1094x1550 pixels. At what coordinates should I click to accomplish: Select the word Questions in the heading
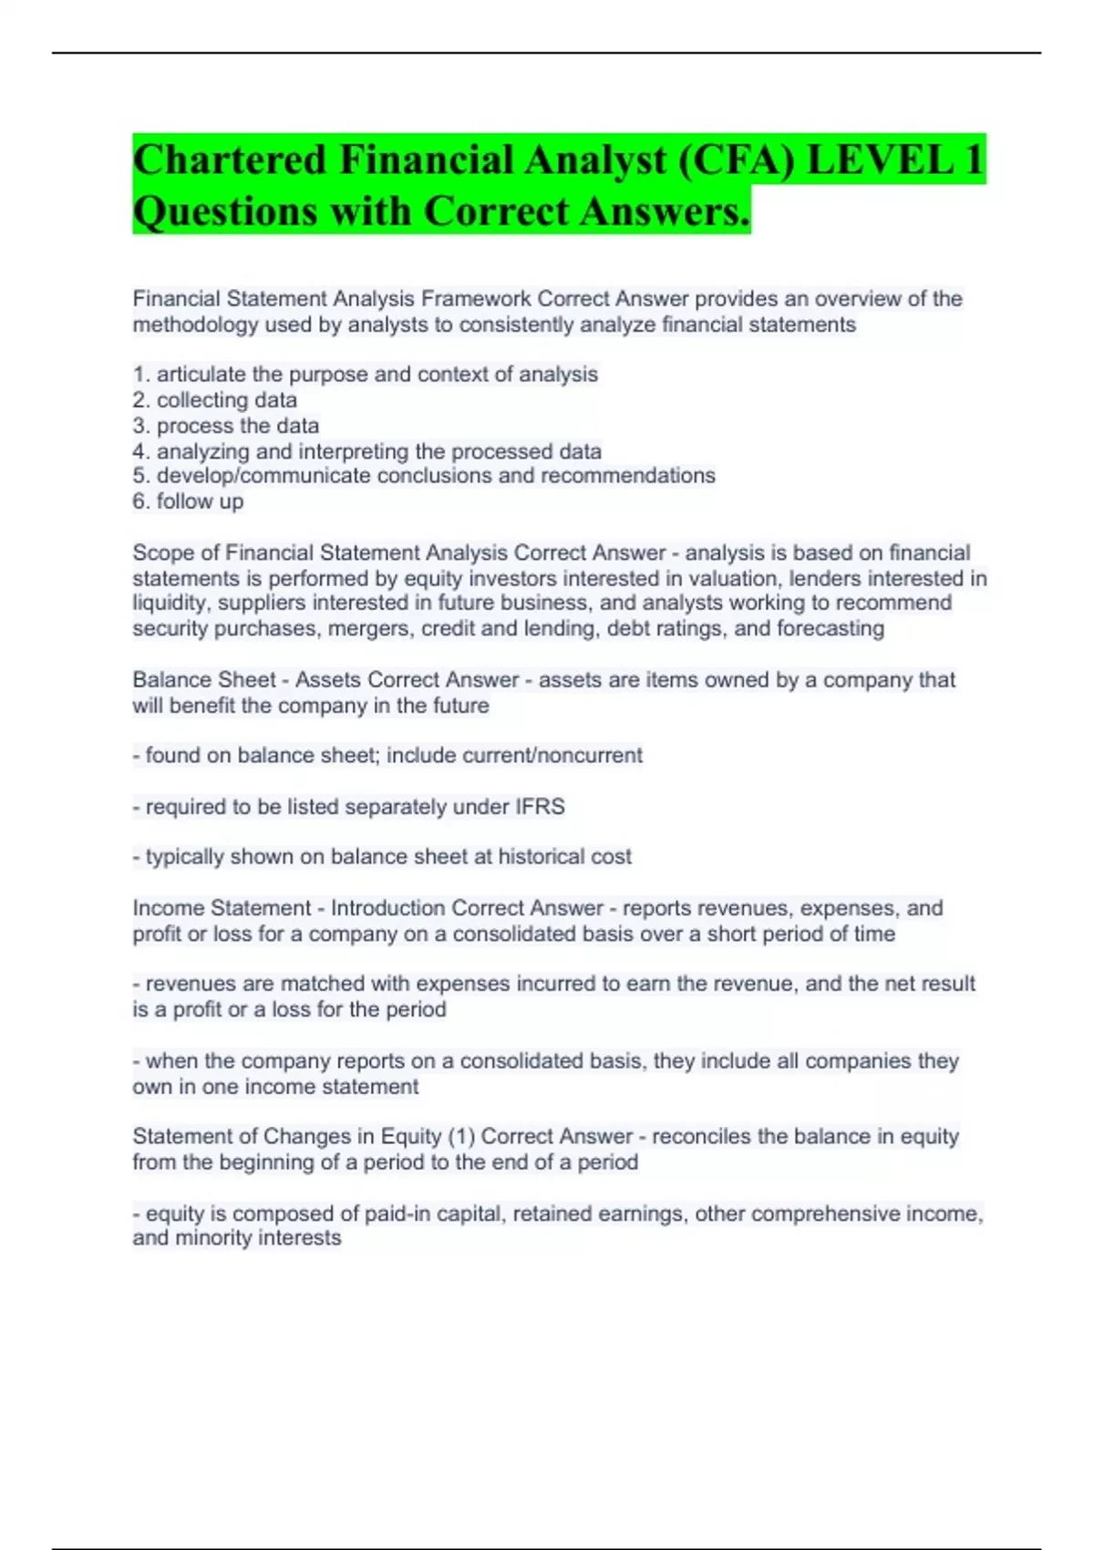pos(224,212)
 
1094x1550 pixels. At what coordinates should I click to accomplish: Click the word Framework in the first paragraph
pos(476,299)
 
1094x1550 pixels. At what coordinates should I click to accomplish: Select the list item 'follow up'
pos(200,501)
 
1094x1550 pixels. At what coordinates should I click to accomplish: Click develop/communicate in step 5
pos(263,476)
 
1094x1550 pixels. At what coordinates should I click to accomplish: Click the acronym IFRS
pos(540,807)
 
